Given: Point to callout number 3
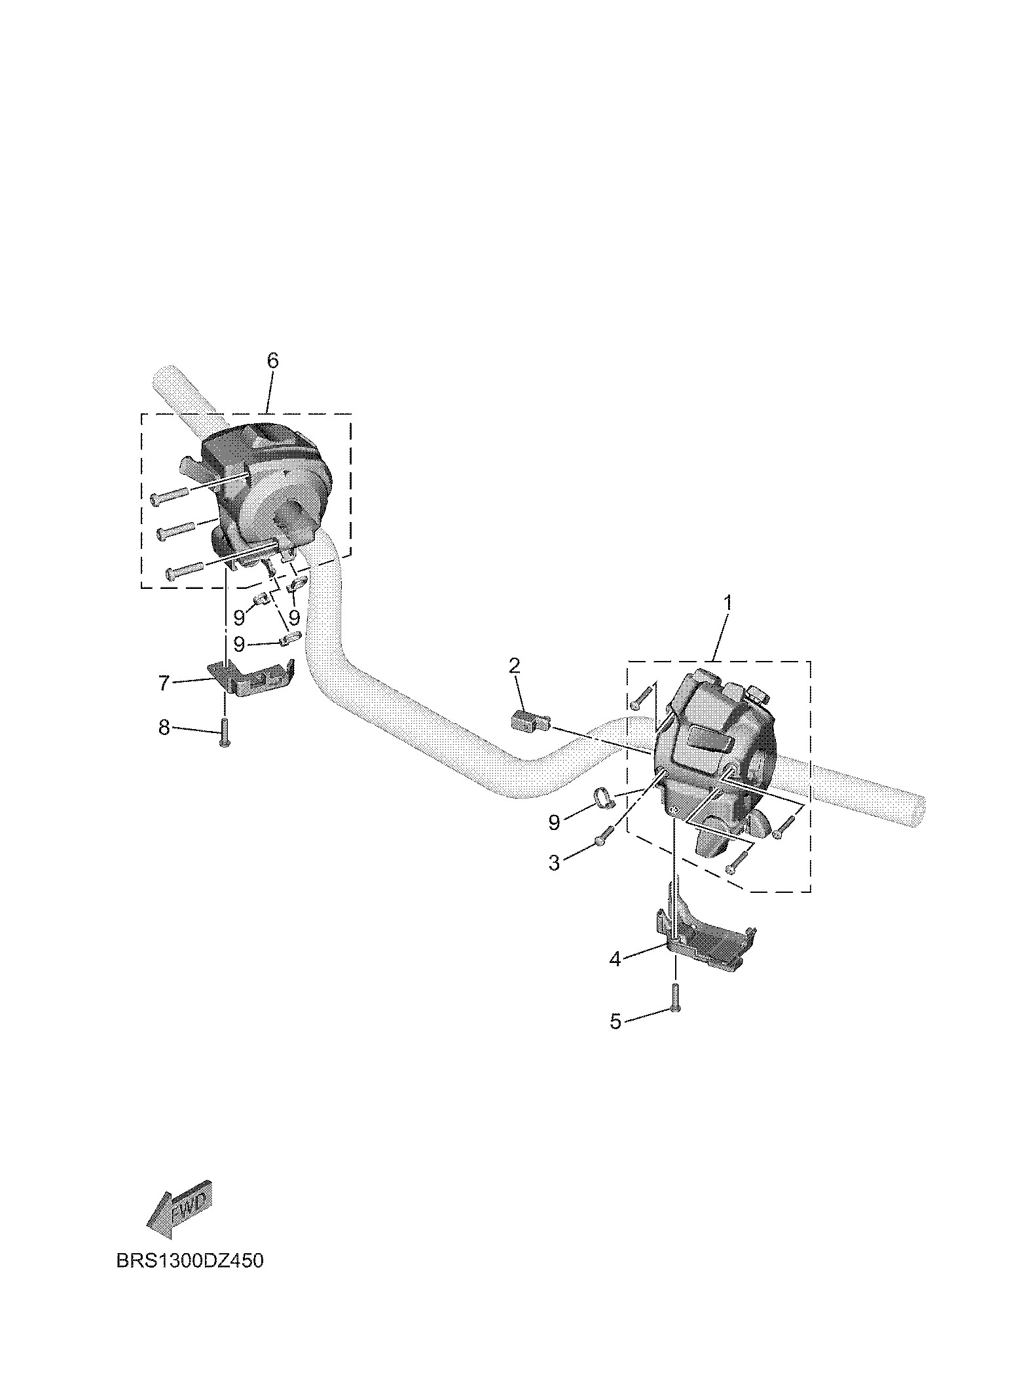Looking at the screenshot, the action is click(x=554, y=863).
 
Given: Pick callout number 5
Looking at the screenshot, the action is click(x=615, y=1021).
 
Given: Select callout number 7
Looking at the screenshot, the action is click(x=164, y=683).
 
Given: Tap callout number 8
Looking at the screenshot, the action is click(x=164, y=727).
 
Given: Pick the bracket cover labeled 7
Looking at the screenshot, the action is click(x=253, y=678).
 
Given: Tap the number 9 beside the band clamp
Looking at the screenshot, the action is click(x=554, y=823).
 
